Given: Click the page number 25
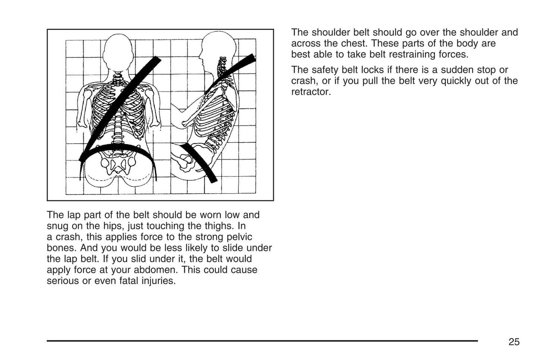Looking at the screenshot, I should point(514,342).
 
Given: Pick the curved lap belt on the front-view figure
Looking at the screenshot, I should point(117,147).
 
